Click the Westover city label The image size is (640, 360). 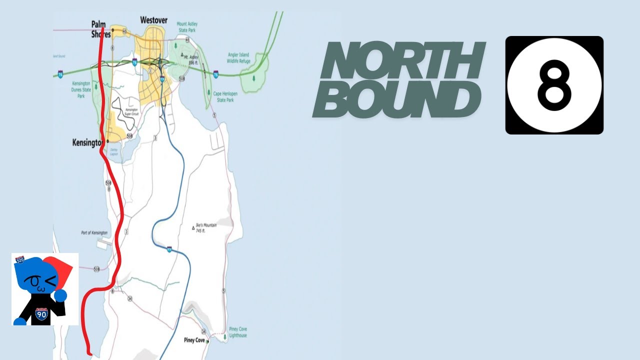pos(153,20)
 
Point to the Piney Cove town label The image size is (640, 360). pos(194,340)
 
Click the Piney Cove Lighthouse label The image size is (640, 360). pos(238,332)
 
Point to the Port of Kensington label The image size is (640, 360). pos(94,233)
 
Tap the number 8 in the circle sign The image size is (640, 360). pos(554,85)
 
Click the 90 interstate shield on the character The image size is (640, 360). pos(41,314)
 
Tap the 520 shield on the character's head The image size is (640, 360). pos(20,260)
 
